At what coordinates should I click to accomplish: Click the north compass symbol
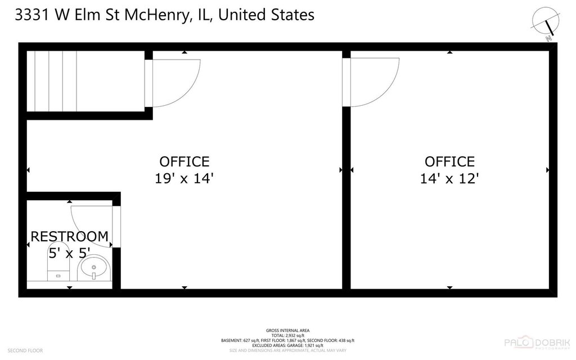coord(544,21)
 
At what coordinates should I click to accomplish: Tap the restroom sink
coord(94,269)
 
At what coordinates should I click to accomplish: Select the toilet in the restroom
coord(58,264)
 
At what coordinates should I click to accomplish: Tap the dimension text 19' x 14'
coord(184,179)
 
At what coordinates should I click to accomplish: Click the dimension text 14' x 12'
coord(449,179)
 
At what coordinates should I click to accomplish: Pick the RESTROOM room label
coord(69,237)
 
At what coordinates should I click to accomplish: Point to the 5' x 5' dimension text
coord(69,253)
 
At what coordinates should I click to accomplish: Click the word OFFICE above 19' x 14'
coord(184,162)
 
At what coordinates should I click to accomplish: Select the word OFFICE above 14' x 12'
coord(449,162)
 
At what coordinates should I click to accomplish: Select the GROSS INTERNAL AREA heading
coord(287,330)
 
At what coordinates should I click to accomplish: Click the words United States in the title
coord(265,15)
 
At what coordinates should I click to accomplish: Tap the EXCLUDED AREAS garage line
coord(287,345)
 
